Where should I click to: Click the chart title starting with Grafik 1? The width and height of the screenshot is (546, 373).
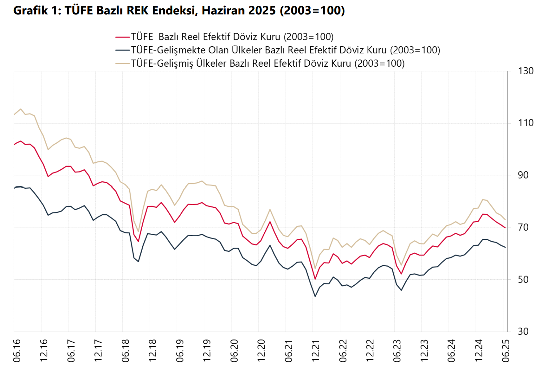click(179, 10)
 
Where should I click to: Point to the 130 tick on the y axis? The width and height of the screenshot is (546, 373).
click(525, 71)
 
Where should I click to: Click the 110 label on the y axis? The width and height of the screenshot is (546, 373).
click(525, 123)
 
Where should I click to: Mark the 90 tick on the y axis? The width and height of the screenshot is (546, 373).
click(523, 175)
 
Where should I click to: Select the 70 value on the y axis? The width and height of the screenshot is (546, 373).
click(523, 228)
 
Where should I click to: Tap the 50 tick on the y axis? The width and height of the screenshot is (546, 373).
click(523, 280)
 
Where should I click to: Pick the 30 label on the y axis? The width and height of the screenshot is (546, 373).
click(523, 332)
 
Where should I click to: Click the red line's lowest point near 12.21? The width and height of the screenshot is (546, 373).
click(315, 279)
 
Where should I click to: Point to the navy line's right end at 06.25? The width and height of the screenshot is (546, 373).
click(505, 247)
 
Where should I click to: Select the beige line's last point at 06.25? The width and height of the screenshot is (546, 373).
click(505, 220)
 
